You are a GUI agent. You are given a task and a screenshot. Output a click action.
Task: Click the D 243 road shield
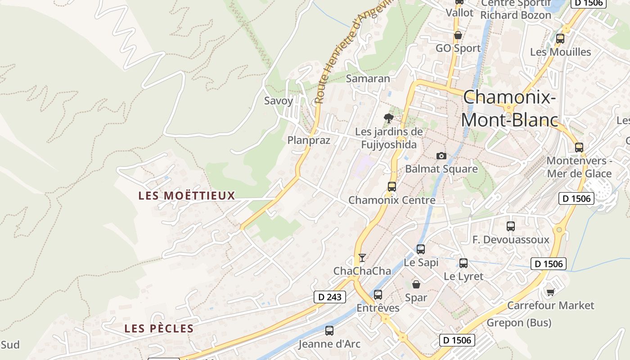330,297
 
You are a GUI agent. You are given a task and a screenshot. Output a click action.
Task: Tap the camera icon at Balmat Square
441,156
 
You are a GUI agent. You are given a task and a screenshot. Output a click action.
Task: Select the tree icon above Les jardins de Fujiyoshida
389,118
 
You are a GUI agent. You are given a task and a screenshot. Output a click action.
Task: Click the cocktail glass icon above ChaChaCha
362,258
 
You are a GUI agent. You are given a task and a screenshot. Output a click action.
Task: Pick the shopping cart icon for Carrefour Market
550,292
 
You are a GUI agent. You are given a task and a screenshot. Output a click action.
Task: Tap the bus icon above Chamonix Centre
392,186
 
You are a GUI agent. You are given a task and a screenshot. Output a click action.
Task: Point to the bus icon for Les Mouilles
560,39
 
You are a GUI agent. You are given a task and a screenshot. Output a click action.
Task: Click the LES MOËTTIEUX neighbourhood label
187,196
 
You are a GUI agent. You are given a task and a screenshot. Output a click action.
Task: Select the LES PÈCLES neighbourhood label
159,328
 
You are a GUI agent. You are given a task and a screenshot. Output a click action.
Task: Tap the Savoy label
279,101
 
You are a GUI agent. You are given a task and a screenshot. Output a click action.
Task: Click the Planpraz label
309,140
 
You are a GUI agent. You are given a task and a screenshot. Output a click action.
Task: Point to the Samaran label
368,78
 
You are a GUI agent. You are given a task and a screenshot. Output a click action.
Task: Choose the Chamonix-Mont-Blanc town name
509,108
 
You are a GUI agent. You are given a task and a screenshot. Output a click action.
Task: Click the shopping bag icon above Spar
416,284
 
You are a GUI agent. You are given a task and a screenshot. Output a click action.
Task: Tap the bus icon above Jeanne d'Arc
329,331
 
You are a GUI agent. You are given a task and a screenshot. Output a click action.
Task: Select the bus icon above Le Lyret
463,263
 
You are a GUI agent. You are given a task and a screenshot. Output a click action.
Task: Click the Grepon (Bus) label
519,323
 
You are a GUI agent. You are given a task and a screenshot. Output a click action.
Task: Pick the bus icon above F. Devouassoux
511,226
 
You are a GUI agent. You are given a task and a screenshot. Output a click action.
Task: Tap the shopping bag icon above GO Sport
458,35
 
